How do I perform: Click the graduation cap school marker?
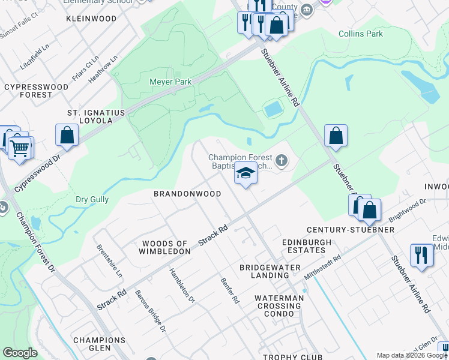pyautogui.click(x=245, y=173)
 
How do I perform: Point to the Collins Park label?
pyautogui.click(x=360, y=34)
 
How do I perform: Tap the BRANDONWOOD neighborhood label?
pyautogui.click(x=187, y=194)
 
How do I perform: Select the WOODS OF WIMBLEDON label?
pyautogui.click(x=166, y=247)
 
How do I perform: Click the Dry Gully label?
pyautogui.click(x=92, y=200)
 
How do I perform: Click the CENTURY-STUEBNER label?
pyautogui.click(x=350, y=230)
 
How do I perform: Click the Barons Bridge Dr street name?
pyautogui.click(x=150, y=312)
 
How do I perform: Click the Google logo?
pyautogui.click(x=20, y=353)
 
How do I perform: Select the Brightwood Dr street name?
pyautogui.click(x=407, y=209)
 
